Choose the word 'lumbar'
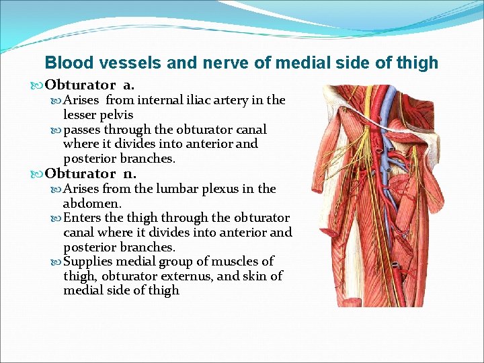[x=180, y=189]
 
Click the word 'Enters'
[x=84, y=218]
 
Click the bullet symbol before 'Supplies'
[x=56, y=261]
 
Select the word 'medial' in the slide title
[x=293, y=63]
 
